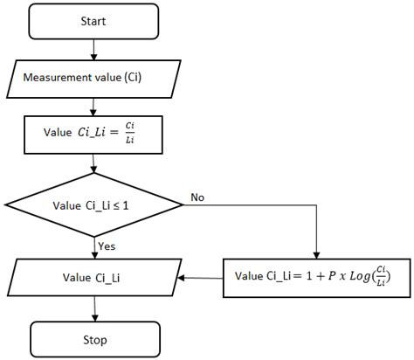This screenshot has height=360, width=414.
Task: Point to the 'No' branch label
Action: pos(197,198)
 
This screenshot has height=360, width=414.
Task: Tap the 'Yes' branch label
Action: pos(107,247)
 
